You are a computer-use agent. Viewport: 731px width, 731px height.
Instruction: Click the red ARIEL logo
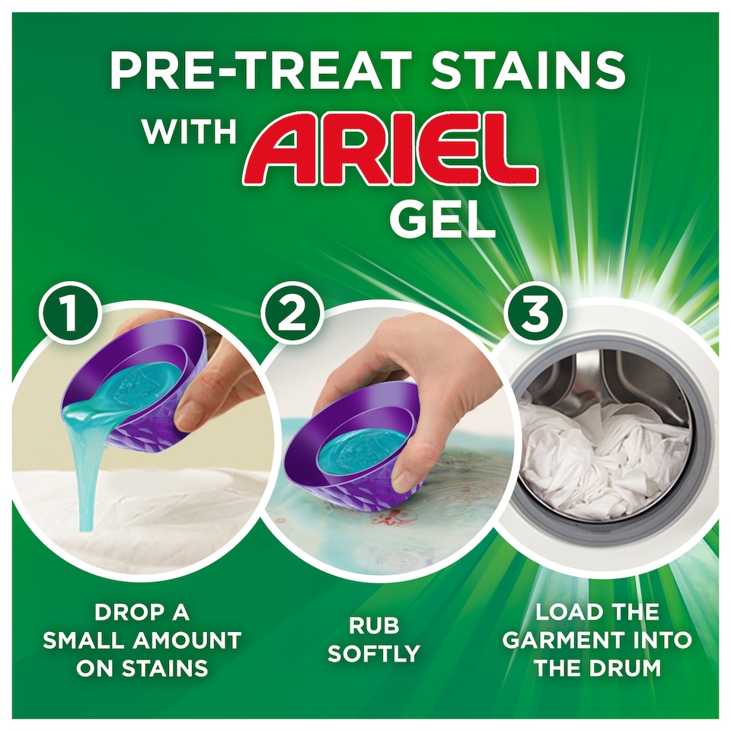tap(391, 151)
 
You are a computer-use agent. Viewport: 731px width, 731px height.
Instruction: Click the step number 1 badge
tap(71, 314)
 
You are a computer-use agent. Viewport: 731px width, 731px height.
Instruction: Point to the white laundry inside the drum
tap(602, 457)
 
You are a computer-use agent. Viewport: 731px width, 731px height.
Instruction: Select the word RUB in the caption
tap(374, 625)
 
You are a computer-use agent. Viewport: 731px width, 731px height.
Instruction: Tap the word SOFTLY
tap(374, 653)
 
